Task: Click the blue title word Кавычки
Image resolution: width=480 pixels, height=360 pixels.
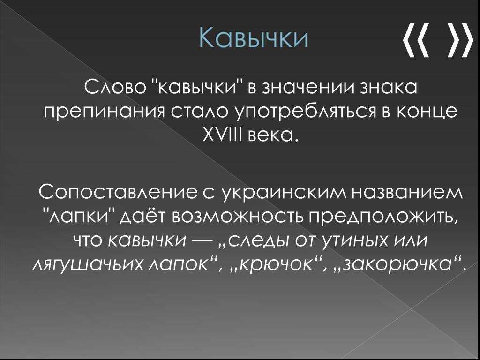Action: pyautogui.click(x=254, y=38)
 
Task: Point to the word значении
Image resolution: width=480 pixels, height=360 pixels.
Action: pyautogui.click(x=308, y=89)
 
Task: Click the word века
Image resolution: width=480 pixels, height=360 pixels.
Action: pyautogui.click(x=270, y=136)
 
